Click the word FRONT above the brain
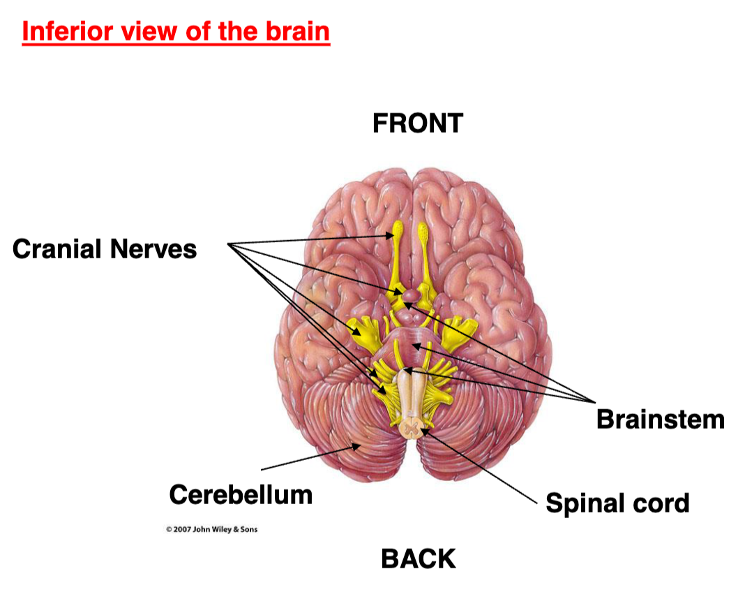pos(417,124)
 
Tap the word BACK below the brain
pos(419,559)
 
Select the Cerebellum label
pos(241,495)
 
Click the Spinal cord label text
pos(617,503)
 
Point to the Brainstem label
pos(660,419)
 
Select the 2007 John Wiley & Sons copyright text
pos(211,529)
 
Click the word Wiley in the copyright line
pos(223,529)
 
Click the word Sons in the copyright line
pos(248,529)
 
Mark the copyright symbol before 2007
pos(169,529)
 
